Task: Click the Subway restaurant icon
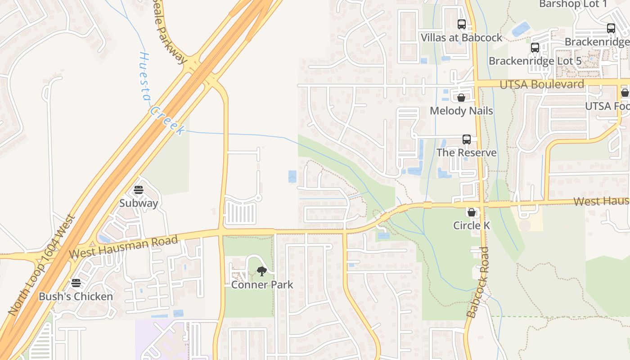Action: [x=139, y=190]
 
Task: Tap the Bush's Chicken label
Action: [x=76, y=297]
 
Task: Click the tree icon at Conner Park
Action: [x=261, y=271]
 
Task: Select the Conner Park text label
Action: [x=262, y=285]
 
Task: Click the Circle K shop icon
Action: [x=472, y=212]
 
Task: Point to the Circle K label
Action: [x=472, y=225]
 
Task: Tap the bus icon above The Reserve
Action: [x=467, y=139]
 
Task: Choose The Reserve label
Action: [x=467, y=153]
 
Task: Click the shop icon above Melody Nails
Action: [x=461, y=98]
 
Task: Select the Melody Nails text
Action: [x=461, y=111]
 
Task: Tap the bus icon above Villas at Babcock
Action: [x=462, y=24]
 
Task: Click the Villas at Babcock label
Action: [x=462, y=37]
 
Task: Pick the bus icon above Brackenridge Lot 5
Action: [x=535, y=48]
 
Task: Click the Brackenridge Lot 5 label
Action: [x=535, y=61]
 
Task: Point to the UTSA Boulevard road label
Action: [x=542, y=84]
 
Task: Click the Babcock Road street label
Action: [x=478, y=282]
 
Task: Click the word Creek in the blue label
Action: [x=167, y=121]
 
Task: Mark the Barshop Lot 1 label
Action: [x=573, y=4]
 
